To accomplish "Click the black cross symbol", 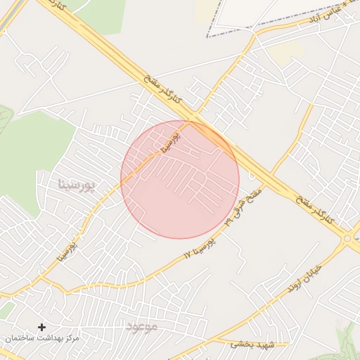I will pyautogui.click(x=41, y=327).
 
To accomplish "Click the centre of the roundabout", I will pyautogui.click(x=347, y=238).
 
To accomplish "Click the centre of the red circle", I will pyautogui.click(x=180, y=179).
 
